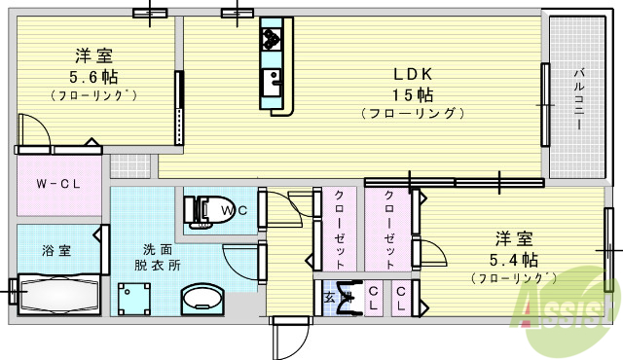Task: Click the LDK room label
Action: [x=412, y=73]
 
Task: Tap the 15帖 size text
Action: [x=412, y=94]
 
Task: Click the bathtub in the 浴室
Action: [x=58, y=293]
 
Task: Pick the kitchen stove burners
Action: [x=270, y=39]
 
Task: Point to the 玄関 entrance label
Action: [x=332, y=297]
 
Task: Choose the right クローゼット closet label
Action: [x=389, y=230]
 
